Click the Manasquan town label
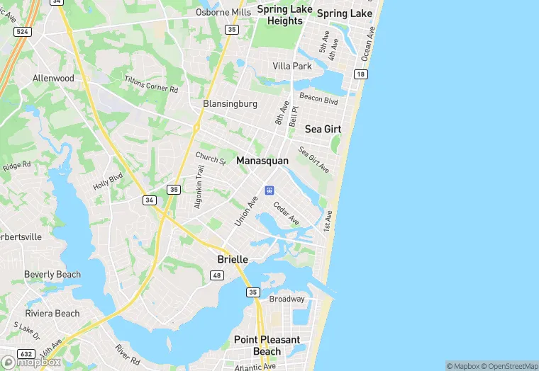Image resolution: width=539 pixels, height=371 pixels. [x=262, y=161]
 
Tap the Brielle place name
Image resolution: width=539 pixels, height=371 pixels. [x=233, y=260]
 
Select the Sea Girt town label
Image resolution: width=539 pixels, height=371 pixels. [x=323, y=129]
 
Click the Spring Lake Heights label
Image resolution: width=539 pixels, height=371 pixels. [x=284, y=15]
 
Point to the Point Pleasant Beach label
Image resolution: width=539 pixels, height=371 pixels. [x=267, y=346]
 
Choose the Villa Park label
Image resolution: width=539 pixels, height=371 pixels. [x=292, y=66]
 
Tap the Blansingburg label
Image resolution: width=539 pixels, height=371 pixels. [x=230, y=103]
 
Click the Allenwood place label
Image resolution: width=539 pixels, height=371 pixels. [x=53, y=78]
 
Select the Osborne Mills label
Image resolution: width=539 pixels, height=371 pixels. [x=223, y=12]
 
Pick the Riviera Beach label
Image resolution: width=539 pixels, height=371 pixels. [x=52, y=313]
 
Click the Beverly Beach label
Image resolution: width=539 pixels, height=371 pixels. [x=52, y=275]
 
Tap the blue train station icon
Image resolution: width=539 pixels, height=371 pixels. [x=269, y=190]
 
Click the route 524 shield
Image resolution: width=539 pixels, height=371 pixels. [x=23, y=32]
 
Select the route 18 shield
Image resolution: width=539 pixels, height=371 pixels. [x=361, y=74]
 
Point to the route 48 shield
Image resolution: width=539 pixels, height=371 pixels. [x=218, y=275]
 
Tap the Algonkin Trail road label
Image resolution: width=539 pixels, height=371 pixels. [x=200, y=187]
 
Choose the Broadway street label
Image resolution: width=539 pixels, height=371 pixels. [x=287, y=299]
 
